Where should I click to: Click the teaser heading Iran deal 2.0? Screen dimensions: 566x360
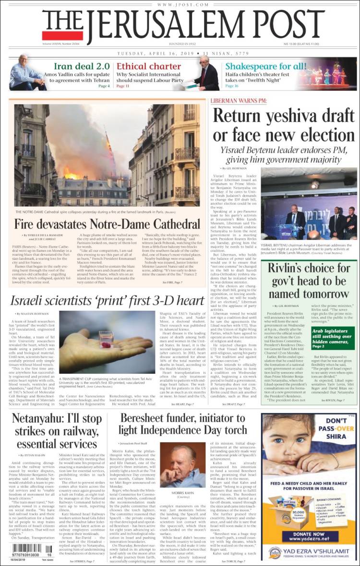click(x=82, y=66)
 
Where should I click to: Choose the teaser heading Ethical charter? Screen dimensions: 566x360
click(x=149, y=66)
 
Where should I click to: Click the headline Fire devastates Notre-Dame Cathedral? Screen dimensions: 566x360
click(x=107, y=224)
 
